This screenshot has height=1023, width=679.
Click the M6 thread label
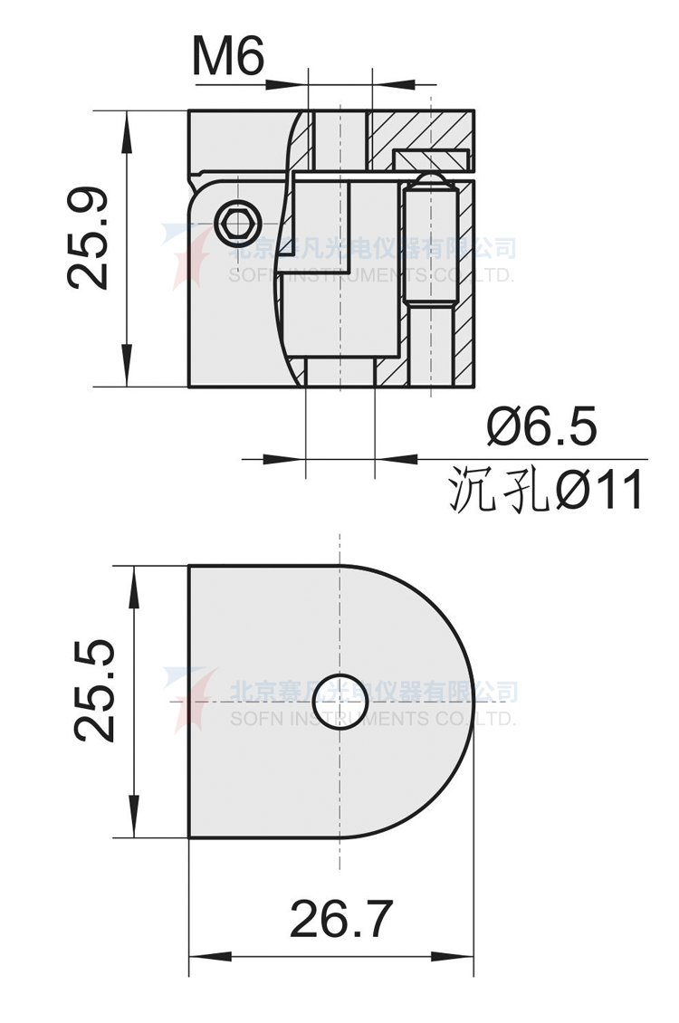click(227, 58)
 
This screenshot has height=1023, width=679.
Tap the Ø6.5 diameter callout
click(541, 426)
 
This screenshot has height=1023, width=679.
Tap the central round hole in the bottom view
click(339, 702)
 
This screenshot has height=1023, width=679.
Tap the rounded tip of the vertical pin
click(429, 186)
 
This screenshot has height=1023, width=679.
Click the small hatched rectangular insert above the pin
click(430, 160)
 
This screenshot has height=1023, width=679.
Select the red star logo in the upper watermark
click(186, 256)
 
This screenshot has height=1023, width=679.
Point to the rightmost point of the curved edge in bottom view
click(473, 702)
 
